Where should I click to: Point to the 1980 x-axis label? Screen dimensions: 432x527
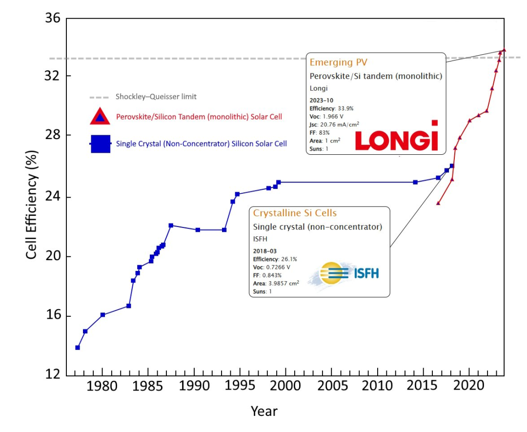point(102,387)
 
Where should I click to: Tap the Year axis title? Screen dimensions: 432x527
point(264,411)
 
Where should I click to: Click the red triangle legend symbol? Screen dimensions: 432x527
point(100,117)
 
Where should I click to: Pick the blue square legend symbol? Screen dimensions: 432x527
point(100,144)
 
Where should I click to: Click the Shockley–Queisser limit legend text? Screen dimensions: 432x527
point(156,97)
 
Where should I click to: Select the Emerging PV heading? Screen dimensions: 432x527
point(338,62)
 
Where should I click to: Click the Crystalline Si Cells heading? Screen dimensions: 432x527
point(295,213)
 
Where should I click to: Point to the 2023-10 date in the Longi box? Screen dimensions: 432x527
point(324,100)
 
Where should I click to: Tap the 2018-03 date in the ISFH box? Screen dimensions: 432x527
point(267,251)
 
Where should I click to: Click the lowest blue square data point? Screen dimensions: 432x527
point(78,348)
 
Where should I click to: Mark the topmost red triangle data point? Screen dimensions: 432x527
point(504,50)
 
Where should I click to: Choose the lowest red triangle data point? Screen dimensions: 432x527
point(438,203)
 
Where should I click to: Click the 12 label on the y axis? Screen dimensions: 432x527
point(53,375)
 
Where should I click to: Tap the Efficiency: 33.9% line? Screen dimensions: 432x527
point(331,108)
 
